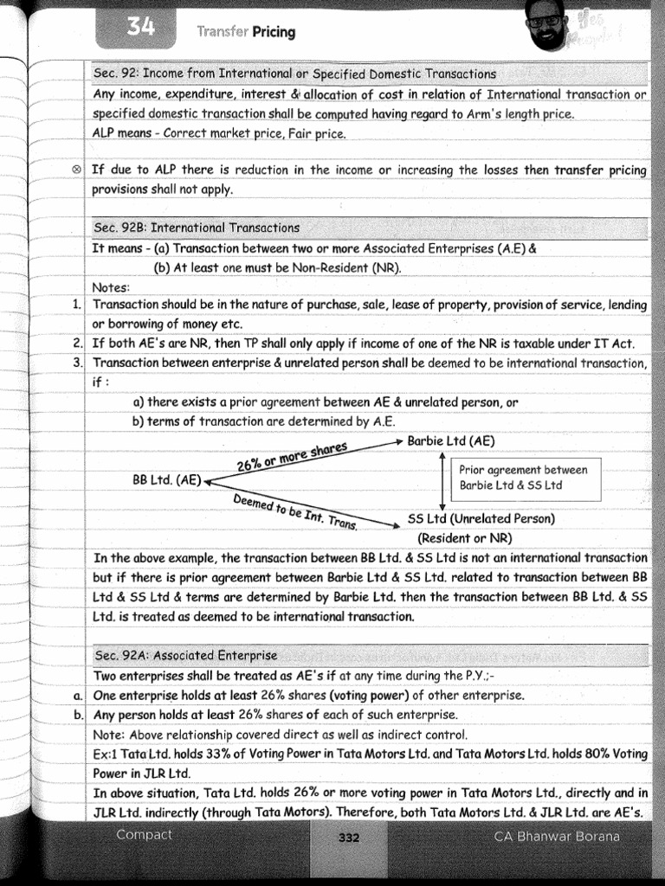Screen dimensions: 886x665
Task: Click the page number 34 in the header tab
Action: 140,28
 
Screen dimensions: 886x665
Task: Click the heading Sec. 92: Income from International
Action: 294,74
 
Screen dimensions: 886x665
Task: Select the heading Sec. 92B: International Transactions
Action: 197,228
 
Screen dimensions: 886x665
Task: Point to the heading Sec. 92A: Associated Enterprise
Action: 185,656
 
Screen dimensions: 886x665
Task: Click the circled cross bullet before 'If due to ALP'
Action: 77,170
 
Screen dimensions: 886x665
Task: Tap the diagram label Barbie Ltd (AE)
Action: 451,440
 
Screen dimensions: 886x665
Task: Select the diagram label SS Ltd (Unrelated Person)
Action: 481,519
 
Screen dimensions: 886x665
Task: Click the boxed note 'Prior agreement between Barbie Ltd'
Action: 523,478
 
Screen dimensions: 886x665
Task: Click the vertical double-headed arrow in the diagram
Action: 442,480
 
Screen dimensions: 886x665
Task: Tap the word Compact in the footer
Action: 145,835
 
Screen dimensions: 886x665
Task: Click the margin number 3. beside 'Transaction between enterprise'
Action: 77,363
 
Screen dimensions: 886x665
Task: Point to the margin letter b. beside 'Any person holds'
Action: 77,715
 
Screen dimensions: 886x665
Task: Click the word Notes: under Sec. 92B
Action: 111,287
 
